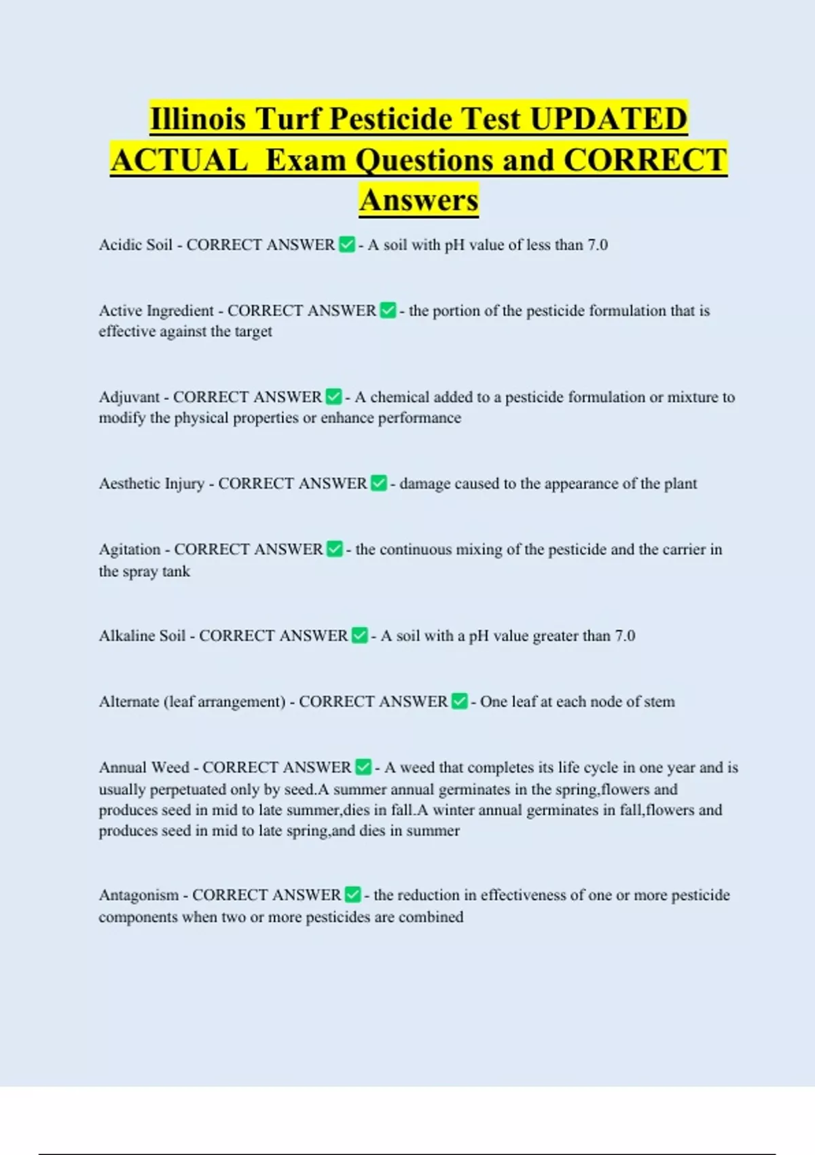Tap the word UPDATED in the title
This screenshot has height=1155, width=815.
tap(609, 119)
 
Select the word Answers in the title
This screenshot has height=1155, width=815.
tap(419, 200)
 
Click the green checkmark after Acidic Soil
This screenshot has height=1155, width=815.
tap(346, 245)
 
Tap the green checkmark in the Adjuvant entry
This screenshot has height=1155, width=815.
tap(333, 397)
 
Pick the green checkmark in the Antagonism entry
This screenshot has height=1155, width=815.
tap(352, 895)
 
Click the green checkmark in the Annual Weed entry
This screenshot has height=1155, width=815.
tap(363, 768)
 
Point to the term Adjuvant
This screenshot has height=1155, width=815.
tap(129, 397)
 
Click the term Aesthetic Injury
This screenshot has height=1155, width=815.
tap(151, 484)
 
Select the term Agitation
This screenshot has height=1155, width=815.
tap(130, 549)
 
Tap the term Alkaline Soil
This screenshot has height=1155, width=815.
tap(142, 636)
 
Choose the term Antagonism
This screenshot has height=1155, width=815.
tap(139, 895)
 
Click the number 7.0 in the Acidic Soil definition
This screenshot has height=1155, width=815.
tap(598, 245)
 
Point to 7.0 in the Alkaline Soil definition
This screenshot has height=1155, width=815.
tap(625, 636)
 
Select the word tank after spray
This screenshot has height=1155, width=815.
tap(176, 571)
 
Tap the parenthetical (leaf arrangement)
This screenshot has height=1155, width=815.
tap(224, 702)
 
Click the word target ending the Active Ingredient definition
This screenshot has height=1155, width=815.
tap(253, 332)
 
